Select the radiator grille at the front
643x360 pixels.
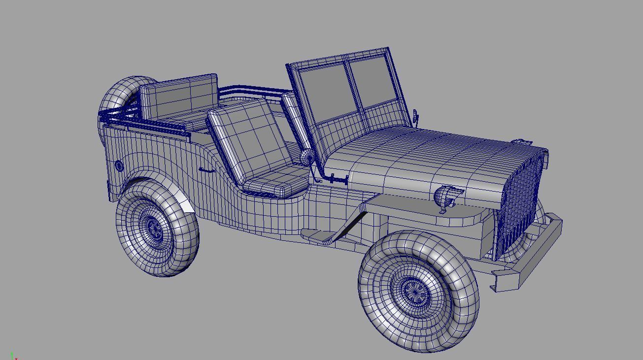[x=520, y=202]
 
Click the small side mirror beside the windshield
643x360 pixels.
[x=415, y=117]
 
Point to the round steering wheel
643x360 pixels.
[x=307, y=158]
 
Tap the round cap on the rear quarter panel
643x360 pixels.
[x=118, y=166]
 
